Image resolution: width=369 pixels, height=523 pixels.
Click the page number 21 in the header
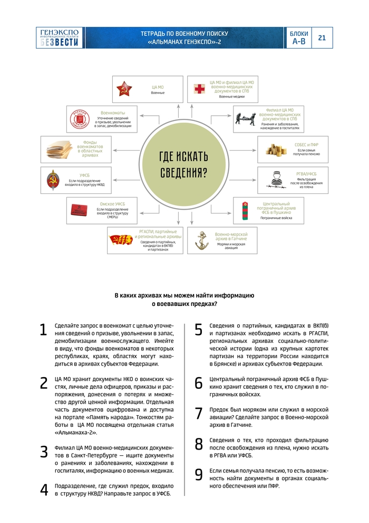coord(322,38)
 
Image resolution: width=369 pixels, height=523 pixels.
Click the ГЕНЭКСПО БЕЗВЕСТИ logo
coord(59,38)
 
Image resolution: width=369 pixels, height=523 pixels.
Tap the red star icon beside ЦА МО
coord(124,89)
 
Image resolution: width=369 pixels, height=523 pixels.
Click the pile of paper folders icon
coord(59,149)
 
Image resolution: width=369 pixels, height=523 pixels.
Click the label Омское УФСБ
coord(112,203)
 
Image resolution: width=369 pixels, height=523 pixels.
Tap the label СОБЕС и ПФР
coord(306,145)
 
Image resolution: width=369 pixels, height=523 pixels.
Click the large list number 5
coord(199,330)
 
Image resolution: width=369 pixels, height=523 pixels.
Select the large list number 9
coord(199,475)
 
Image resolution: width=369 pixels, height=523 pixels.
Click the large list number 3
coord(44,452)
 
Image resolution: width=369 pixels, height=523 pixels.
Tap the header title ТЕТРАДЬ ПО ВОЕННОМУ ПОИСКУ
coord(184,33)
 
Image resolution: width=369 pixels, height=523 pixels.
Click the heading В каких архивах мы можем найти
coord(184,295)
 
